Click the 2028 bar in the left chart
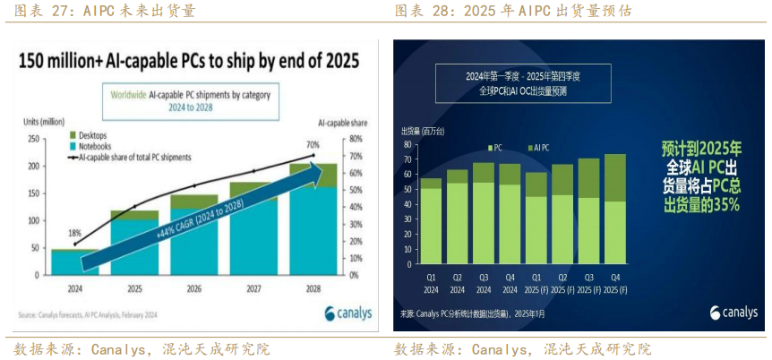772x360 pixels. [313, 224]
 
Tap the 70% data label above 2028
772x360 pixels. [313, 144]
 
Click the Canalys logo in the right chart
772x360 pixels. [733, 313]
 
